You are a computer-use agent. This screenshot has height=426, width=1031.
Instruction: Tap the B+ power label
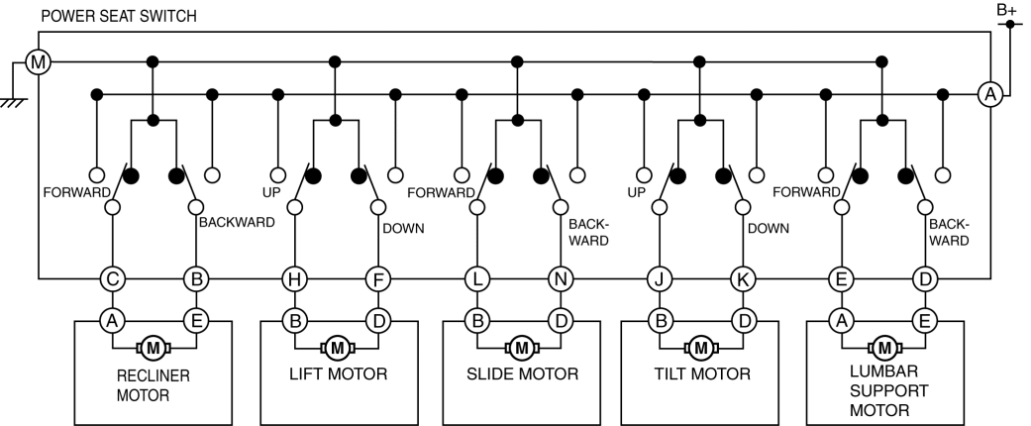[x=1007, y=9]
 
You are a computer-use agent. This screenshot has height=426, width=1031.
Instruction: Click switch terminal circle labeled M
[x=38, y=63]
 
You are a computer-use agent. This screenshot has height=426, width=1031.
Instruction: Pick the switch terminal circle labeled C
[x=114, y=279]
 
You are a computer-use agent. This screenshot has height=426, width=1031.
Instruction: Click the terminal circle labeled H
[x=295, y=279]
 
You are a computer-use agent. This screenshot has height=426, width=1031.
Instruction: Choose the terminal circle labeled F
[x=377, y=279]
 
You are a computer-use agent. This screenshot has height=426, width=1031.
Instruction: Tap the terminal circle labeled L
[x=477, y=279]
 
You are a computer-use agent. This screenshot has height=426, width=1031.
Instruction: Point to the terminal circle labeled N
[x=560, y=279]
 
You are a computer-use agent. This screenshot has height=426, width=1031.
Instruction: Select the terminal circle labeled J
[x=659, y=279]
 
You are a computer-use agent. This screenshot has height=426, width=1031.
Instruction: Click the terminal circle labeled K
[x=742, y=279]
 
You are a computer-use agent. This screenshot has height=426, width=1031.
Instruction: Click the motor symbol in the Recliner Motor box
[x=155, y=347]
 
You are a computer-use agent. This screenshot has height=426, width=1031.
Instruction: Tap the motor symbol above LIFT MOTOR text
[x=337, y=347]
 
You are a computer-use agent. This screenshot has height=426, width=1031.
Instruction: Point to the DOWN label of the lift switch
[x=403, y=228]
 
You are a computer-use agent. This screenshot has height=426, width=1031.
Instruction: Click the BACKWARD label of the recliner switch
[x=237, y=222]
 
